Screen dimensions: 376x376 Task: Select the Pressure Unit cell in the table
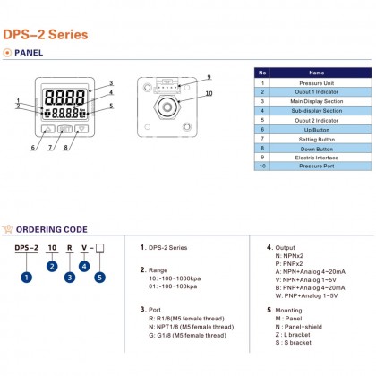[316, 81]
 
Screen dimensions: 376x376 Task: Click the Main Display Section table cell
[316, 100]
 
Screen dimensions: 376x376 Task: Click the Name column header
[316, 72]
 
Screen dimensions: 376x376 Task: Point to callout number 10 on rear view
[209, 93]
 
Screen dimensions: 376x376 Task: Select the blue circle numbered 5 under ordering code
[99, 277]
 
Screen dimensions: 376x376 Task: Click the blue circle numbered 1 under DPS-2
[27, 277]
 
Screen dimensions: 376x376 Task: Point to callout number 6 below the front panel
[33, 147]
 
